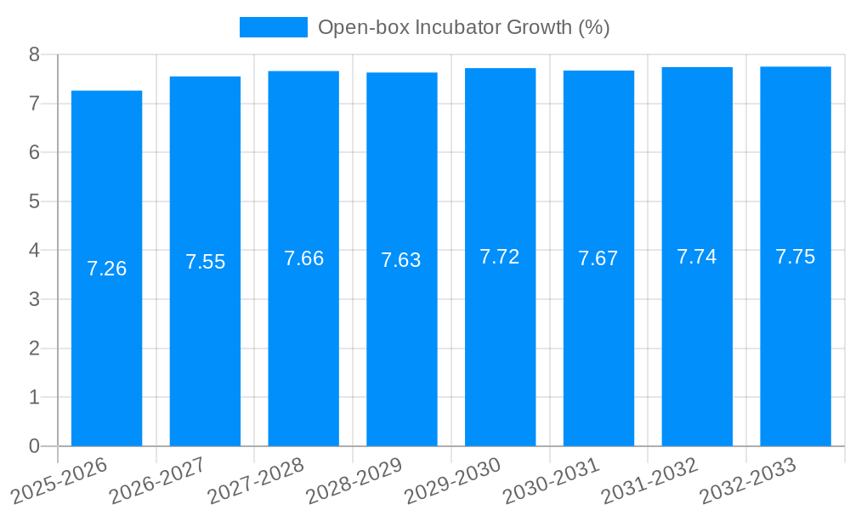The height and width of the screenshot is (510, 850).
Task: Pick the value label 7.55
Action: (205, 262)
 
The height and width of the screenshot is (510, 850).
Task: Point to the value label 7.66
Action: (303, 258)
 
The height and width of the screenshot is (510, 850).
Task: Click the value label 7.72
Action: (500, 257)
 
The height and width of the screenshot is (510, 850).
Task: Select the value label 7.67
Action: (598, 258)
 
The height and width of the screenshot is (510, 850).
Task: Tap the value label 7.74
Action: (697, 257)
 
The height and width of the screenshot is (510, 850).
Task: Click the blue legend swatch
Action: (273, 27)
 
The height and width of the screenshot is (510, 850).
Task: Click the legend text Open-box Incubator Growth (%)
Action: (463, 27)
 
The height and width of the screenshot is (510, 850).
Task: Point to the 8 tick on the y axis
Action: (34, 54)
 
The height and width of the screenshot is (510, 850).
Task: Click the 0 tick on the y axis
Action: (34, 446)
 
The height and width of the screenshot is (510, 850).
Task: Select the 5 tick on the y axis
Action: (34, 201)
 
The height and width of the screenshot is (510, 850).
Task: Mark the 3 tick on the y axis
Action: (34, 299)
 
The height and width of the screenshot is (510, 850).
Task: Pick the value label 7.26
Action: (106, 269)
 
